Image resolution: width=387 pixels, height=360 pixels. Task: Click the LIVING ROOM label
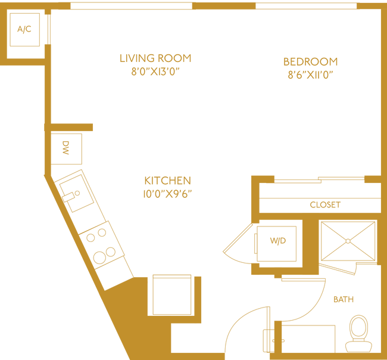tap(155, 58)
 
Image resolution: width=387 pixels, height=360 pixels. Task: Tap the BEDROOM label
tap(310, 61)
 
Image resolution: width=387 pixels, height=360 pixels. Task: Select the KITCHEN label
tap(167, 180)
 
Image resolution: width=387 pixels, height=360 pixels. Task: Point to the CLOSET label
tap(325, 204)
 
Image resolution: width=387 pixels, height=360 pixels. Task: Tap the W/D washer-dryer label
tap(277, 241)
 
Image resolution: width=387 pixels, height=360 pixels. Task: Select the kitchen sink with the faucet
tap(74, 194)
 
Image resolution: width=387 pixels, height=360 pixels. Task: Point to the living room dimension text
tap(155, 73)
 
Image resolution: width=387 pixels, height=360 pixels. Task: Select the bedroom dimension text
tap(310, 76)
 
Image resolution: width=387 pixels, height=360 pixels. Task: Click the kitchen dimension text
tap(167, 194)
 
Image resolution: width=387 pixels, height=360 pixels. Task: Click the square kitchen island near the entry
tap(172, 295)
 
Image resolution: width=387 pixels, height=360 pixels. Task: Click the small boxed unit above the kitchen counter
tap(67, 147)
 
